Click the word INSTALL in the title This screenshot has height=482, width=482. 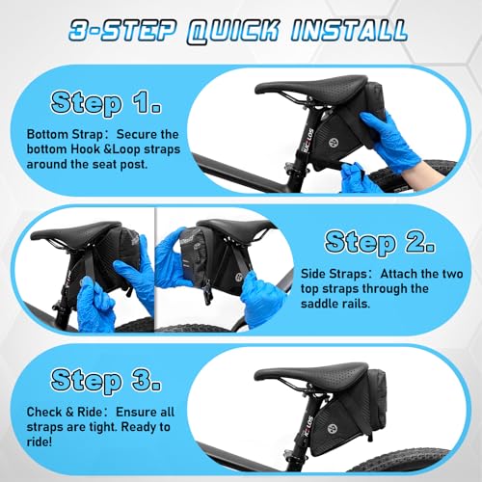349,31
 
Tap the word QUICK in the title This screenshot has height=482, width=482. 233,32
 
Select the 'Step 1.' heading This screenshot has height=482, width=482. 106,103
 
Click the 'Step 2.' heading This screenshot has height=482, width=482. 380,242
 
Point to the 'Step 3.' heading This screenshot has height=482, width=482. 106,381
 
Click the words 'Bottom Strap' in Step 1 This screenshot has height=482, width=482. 65,135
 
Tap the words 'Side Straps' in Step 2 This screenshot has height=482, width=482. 334,274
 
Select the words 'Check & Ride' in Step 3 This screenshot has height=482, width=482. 65,412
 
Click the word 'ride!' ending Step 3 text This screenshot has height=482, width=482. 40,442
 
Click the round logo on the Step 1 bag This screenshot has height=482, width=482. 333,142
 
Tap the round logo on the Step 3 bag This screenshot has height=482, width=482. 333,428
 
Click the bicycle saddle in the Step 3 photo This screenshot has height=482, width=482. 310,373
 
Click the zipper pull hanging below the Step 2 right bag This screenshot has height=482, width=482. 207,292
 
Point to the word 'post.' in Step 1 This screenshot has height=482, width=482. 134,165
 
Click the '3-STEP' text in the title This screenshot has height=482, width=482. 123,31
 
